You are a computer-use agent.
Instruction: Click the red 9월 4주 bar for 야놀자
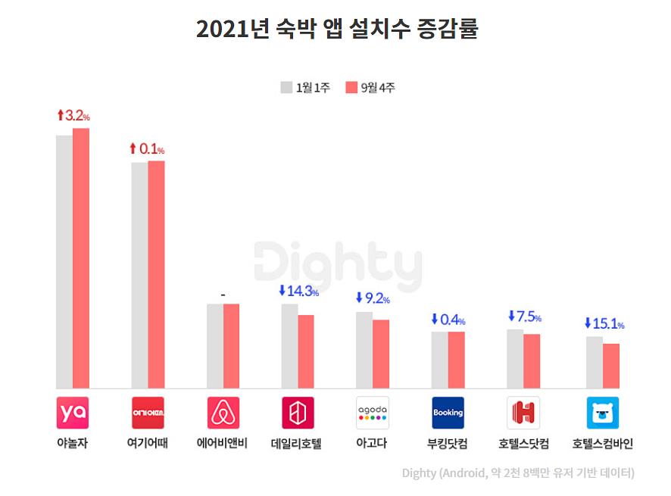pos(81,257)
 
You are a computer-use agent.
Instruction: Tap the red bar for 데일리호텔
pos(305,351)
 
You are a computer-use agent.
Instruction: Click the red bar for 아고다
pos(381,354)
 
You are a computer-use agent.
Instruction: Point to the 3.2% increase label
pos(73,116)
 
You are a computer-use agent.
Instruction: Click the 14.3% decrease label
pos(298,291)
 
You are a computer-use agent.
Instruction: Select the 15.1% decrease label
pos(604,323)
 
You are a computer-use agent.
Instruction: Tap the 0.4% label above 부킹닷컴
pos(448,320)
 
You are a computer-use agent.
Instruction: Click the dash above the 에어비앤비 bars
pos(223,294)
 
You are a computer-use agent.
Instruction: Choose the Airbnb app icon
pos(223,413)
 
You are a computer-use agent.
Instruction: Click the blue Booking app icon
pos(448,413)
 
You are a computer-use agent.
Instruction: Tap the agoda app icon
pos(373,413)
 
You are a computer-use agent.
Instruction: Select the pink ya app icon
pos(73,413)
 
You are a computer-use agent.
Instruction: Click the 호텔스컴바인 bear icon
pos(603,413)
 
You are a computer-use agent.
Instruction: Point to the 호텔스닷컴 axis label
pos(523,444)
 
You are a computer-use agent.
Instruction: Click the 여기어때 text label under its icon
pos(147,444)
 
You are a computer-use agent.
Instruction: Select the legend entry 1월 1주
pos(305,87)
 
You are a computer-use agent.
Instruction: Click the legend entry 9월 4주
pos(370,87)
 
